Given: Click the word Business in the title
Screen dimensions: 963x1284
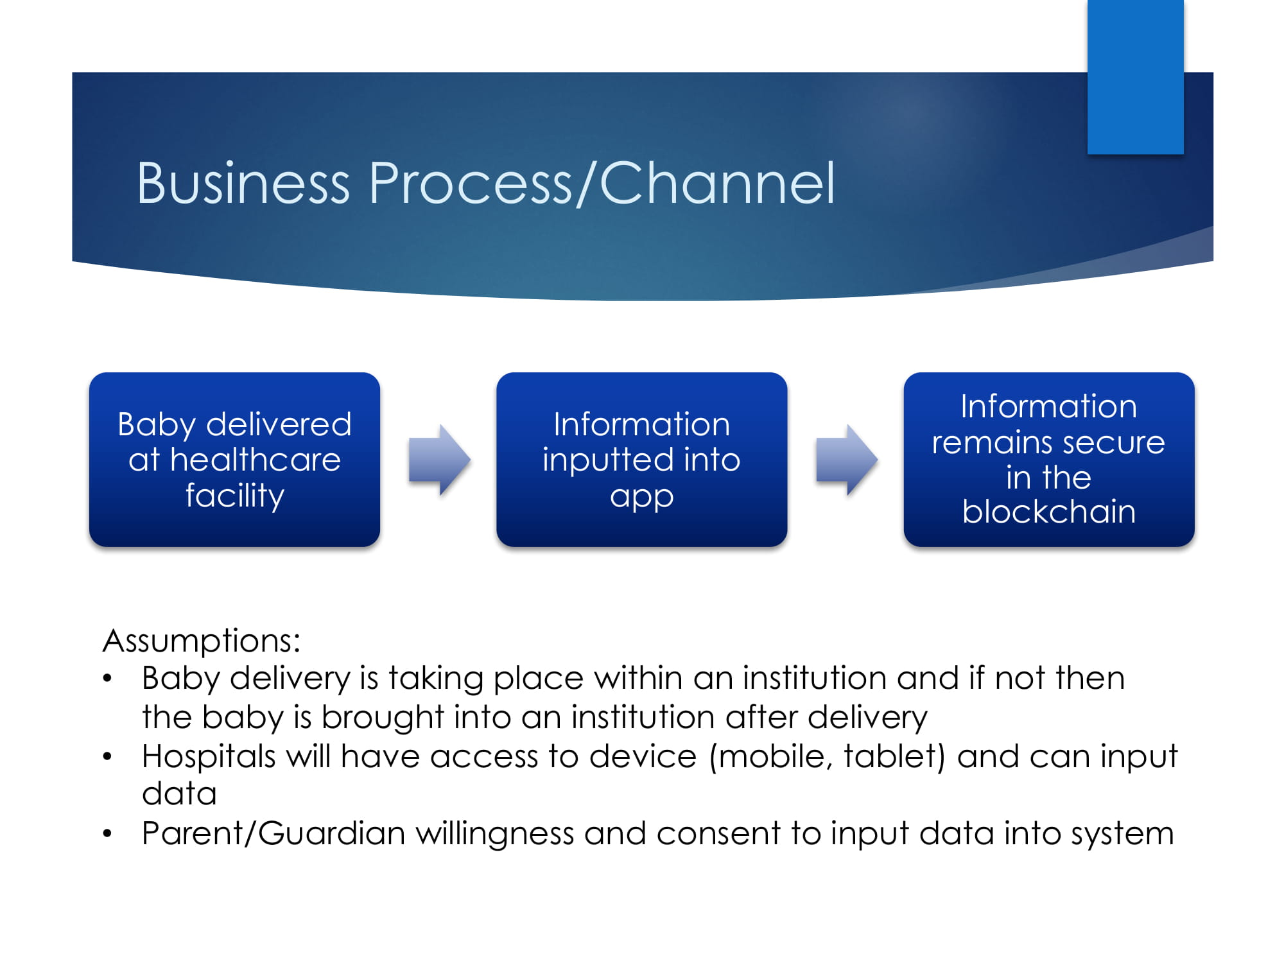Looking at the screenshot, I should coord(243,184).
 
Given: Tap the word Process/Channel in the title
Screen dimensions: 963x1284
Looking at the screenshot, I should coord(602,184).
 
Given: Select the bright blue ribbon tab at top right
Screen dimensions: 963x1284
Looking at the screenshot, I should coord(1135,77).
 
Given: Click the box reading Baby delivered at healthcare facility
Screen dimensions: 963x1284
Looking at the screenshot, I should coord(234,460).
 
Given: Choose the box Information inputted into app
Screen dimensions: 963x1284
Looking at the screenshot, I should coord(641,460).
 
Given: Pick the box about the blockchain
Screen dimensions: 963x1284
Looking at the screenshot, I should coord(1048,460).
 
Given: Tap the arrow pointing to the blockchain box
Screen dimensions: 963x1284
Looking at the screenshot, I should coord(846,460).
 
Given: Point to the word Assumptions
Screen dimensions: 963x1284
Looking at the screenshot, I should coord(201,641).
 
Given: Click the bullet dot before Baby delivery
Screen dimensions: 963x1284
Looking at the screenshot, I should coord(107,679).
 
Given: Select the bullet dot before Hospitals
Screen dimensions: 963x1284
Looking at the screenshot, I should coord(107,757).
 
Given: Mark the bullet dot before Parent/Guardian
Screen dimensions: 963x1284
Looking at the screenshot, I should coord(107,834).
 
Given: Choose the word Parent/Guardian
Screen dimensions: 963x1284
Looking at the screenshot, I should coord(273,833).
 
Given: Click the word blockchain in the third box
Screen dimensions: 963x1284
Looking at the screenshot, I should coord(1048,512).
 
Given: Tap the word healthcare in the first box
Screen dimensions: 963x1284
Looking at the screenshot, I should coord(255,460).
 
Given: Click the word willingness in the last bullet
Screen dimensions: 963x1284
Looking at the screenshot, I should coord(494,833).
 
